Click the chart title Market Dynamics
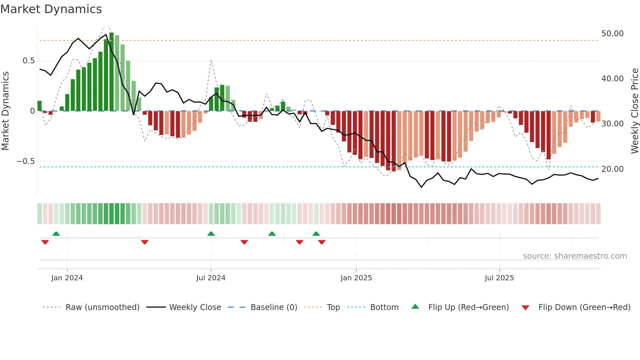pyautogui.click(x=51, y=9)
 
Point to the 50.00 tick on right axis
pyautogui.click(x=612, y=34)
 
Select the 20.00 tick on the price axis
pyautogui.click(x=612, y=169)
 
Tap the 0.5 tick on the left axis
pyautogui.click(x=28, y=61)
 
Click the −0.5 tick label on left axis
pyautogui.click(x=25, y=161)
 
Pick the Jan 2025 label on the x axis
pyautogui.click(x=356, y=278)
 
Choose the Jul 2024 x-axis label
pyautogui.click(x=211, y=278)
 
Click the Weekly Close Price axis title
pyautogui.click(x=634, y=111)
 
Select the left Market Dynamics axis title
pyautogui.click(x=5, y=111)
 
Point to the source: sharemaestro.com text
pyautogui.click(x=575, y=256)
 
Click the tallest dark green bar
pyautogui.click(x=112, y=72)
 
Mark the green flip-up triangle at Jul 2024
pyautogui.click(x=211, y=234)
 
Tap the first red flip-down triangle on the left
pyautogui.click(x=45, y=242)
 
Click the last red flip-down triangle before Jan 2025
pyautogui.click(x=322, y=242)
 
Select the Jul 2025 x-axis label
pyautogui.click(x=499, y=278)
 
